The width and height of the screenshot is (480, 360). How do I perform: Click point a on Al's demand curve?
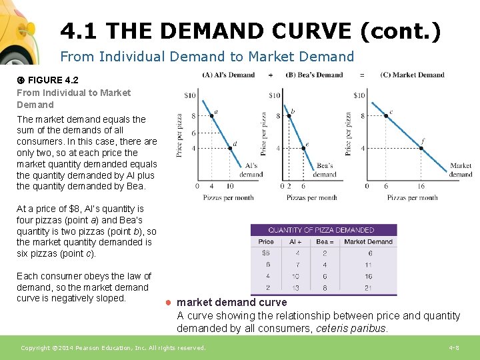(212, 116)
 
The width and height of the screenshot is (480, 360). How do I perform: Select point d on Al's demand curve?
(229, 148)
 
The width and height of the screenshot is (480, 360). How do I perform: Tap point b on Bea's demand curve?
(289, 116)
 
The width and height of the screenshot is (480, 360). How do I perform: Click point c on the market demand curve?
(386, 116)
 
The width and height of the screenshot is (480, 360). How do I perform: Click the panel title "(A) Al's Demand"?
(229, 75)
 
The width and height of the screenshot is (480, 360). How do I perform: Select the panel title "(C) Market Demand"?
(412, 75)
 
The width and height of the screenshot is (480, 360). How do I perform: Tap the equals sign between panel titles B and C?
(362, 75)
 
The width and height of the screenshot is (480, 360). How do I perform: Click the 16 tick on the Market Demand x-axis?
(421, 187)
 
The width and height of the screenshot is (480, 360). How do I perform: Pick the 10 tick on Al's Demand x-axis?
(229, 187)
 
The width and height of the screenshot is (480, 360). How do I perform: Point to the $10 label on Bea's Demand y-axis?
(274, 95)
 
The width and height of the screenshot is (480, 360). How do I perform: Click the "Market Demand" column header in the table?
(368, 242)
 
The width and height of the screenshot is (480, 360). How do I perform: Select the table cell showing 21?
(368, 287)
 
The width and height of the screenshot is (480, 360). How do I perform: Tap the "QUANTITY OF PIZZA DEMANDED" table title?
(321, 230)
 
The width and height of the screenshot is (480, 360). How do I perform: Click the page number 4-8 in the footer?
(453, 348)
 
